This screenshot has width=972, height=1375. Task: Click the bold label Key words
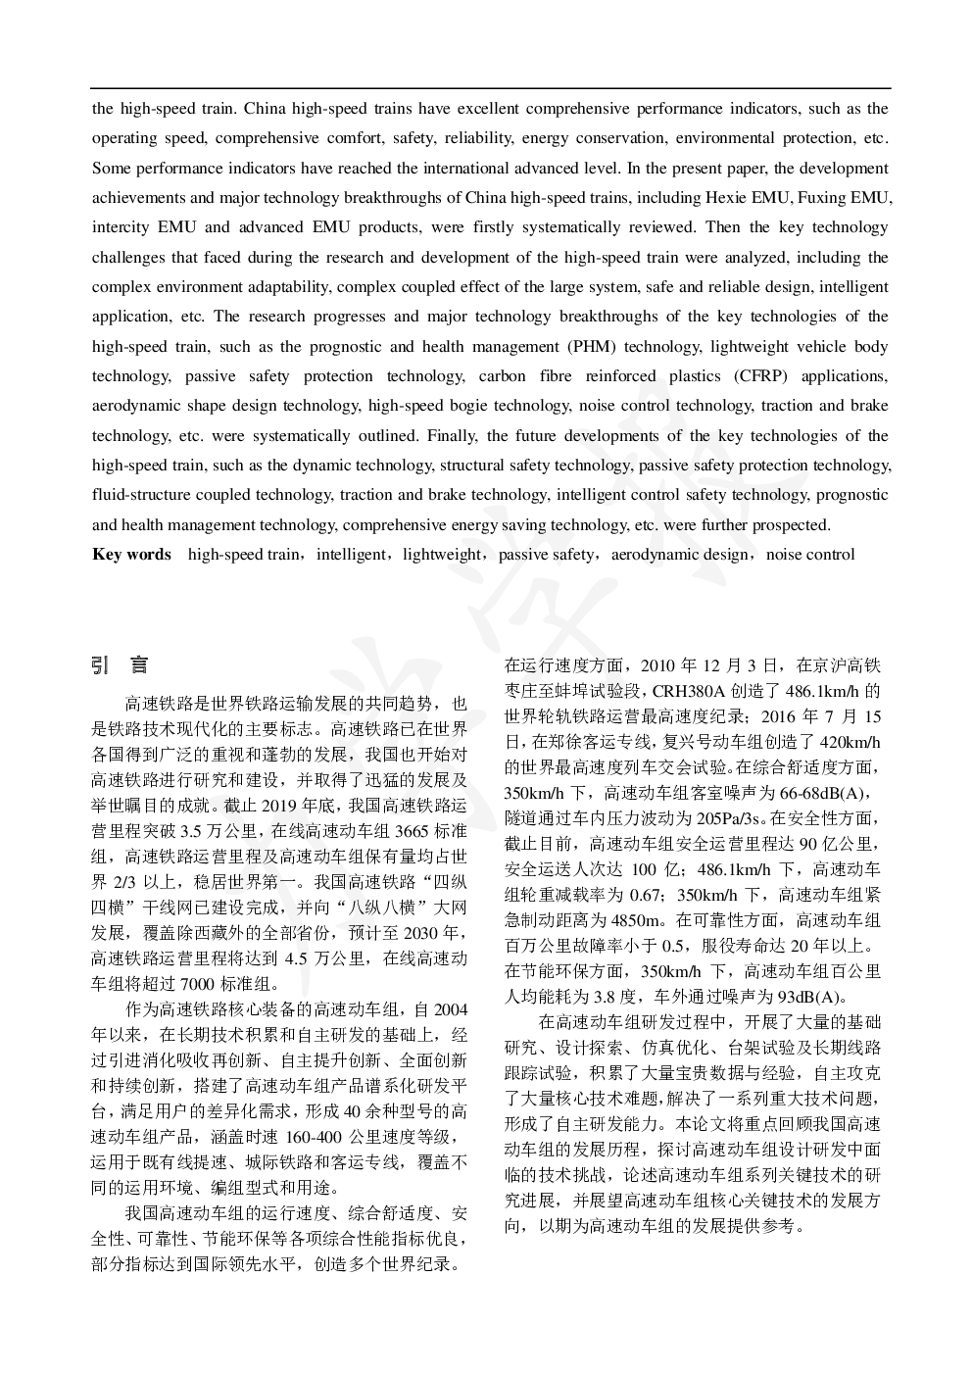[x=131, y=555]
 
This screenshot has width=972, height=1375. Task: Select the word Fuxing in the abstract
[x=818, y=197]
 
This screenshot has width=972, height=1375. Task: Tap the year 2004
[x=450, y=1009]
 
